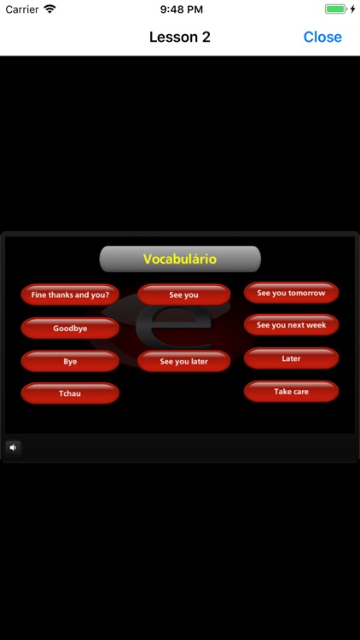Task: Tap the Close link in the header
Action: click(322, 37)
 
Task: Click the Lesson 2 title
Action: click(179, 37)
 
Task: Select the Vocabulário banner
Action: click(180, 259)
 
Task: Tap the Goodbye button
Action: click(70, 328)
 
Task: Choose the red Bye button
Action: click(70, 361)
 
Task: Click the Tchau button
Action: click(70, 393)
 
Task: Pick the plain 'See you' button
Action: click(183, 294)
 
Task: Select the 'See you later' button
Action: click(183, 361)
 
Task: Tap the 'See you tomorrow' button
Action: click(291, 293)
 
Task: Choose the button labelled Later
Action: click(291, 358)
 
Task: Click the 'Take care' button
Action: click(291, 392)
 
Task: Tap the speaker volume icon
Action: click(13, 447)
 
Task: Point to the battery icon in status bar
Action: click(337, 9)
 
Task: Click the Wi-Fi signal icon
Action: click(49, 9)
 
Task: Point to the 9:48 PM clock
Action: click(179, 9)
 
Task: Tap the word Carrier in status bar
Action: click(22, 9)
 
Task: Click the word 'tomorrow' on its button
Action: click(307, 293)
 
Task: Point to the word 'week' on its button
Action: click(315, 325)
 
